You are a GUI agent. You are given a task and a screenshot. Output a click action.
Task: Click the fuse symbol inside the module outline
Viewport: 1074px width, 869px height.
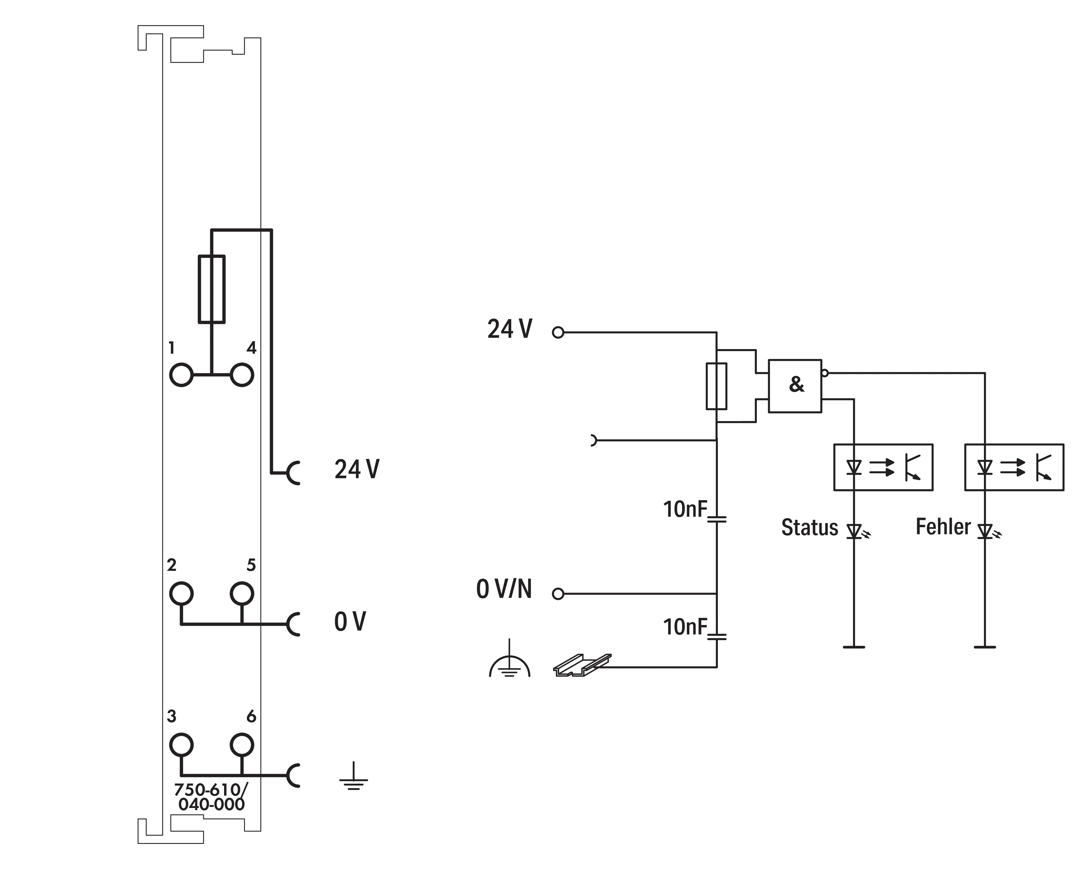tap(199, 289)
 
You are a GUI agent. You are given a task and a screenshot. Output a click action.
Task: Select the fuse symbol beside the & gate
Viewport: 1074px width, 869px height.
tap(707, 386)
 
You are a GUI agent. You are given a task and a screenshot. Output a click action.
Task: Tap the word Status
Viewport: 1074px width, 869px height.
tap(810, 528)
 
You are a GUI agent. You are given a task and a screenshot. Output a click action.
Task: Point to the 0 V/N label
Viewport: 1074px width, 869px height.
tap(504, 589)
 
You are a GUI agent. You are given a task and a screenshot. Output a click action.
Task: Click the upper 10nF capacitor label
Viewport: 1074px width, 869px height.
tap(685, 510)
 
